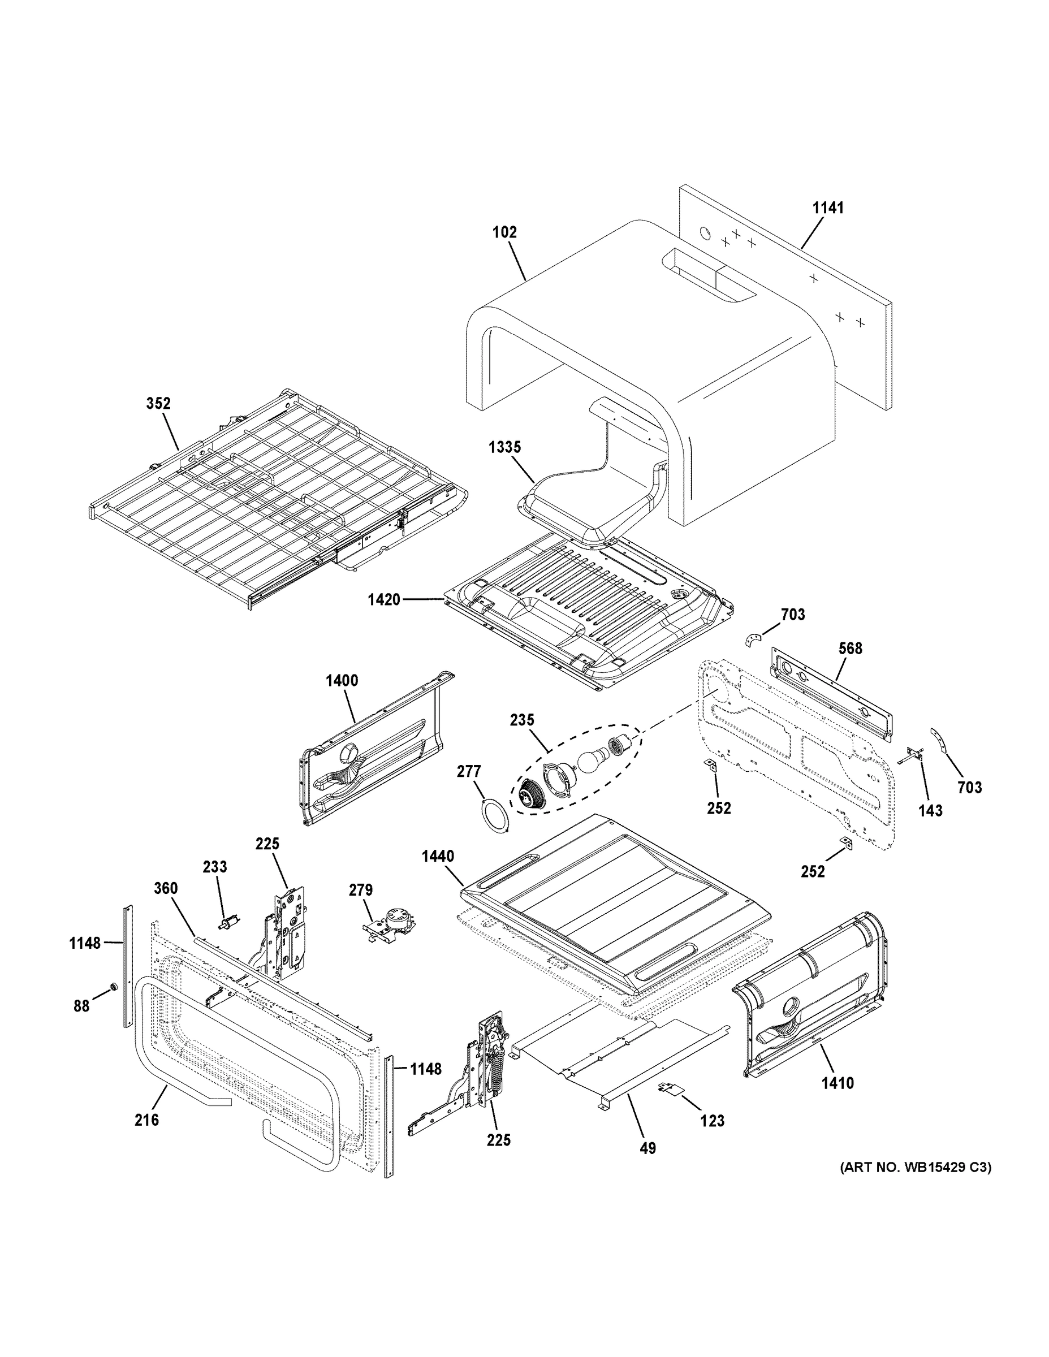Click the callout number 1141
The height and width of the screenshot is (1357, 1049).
(828, 208)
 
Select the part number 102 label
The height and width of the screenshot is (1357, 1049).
(504, 232)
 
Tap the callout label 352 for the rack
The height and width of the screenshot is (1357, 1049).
(158, 404)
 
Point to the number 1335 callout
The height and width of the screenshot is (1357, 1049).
(504, 447)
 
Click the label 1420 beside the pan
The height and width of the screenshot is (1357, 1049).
(383, 599)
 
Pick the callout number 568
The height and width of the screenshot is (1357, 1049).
(850, 649)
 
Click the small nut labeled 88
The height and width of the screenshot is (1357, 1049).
(114, 987)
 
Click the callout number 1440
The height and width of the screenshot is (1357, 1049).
(438, 857)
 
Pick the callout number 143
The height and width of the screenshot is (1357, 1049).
(930, 810)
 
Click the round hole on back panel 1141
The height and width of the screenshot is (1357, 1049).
(705, 233)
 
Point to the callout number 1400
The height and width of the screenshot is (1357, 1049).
(342, 681)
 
